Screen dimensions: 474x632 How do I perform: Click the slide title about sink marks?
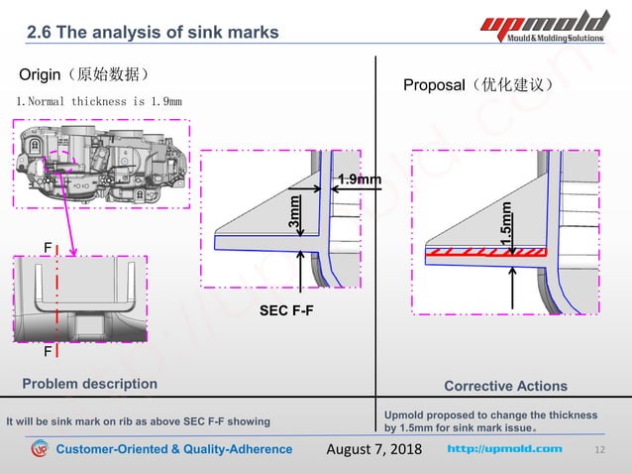tap(153, 32)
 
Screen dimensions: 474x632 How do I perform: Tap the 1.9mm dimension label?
tap(359, 179)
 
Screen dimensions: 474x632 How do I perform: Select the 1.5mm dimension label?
tap(506, 225)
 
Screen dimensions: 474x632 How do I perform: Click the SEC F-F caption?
tap(286, 311)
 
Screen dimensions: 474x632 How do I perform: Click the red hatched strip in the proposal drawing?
tap(486, 254)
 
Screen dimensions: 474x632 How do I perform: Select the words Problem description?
tap(89, 384)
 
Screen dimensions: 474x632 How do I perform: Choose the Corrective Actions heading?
tap(505, 386)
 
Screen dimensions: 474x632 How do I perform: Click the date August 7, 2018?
tap(373, 449)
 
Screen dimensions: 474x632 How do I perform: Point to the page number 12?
tap(598, 450)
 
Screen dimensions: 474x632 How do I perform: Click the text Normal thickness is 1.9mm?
tap(99, 101)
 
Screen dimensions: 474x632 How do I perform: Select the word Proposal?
tap(433, 85)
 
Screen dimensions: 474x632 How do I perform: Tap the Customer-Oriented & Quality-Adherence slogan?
tap(173, 449)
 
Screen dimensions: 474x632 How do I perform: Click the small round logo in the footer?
tap(39, 450)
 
